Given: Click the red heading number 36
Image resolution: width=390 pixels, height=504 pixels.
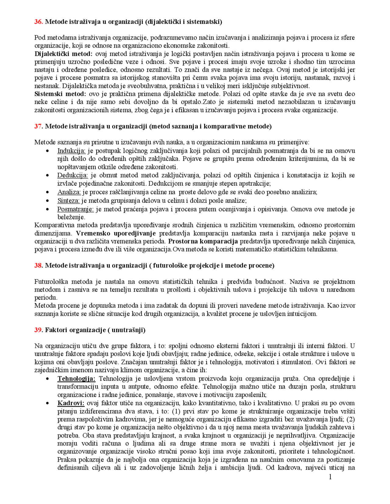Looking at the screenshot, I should [38, 22].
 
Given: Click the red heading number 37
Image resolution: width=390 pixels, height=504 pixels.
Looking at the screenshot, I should [38, 126].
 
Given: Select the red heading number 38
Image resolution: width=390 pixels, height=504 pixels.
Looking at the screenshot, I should [38, 265].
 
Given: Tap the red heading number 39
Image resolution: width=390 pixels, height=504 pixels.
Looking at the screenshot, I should [38, 330].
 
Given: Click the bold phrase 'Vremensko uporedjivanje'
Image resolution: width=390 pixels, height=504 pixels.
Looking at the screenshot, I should [116, 234].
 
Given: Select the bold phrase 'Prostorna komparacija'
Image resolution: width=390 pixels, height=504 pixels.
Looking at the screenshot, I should [203, 241].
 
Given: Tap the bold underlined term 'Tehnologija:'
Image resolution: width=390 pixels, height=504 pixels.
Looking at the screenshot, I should [76, 379].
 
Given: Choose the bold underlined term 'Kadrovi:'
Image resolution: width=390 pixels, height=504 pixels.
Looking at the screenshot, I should [71, 403].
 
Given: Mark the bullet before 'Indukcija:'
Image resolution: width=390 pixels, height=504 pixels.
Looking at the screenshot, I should [47, 151].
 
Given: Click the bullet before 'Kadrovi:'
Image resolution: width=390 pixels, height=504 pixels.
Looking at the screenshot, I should [47, 403].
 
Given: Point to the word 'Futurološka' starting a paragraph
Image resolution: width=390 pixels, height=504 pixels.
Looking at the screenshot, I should [51, 281].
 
